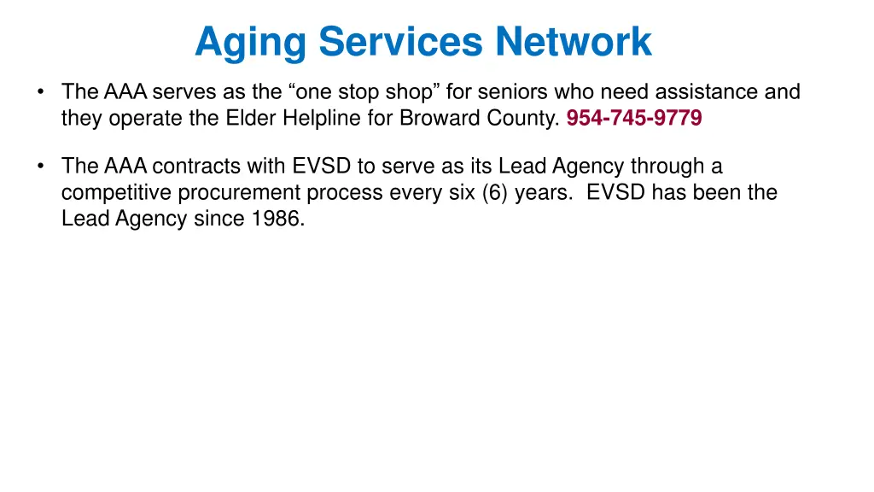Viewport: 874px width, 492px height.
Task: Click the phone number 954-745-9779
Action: click(x=634, y=119)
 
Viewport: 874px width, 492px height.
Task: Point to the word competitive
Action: click(x=116, y=192)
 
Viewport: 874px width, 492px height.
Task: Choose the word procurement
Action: click(x=239, y=192)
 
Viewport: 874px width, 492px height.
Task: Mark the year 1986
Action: click(x=277, y=219)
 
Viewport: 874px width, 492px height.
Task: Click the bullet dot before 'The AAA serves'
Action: click(x=40, y=91)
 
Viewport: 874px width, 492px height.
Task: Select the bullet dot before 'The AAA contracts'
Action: click(x=40, y=166)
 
